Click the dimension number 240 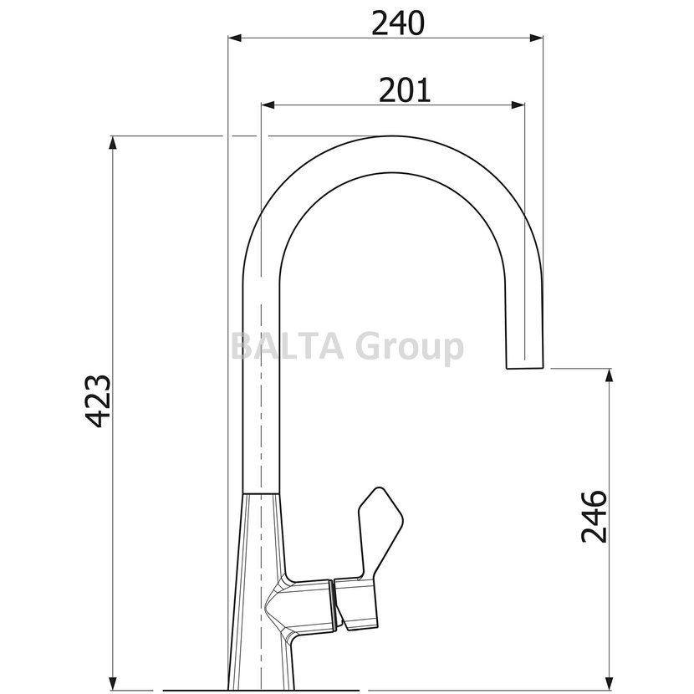click(397, 23)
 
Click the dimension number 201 click(405, 89)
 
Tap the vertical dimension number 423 click(97, 401)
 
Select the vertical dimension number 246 click(594, 516)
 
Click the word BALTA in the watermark click(288, 346)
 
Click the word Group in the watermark click(410, 349)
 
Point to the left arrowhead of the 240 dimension click(235, 38)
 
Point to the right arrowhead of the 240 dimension click(536, 38)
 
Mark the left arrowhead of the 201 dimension click(268, 105)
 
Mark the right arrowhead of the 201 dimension click(518, 105)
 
